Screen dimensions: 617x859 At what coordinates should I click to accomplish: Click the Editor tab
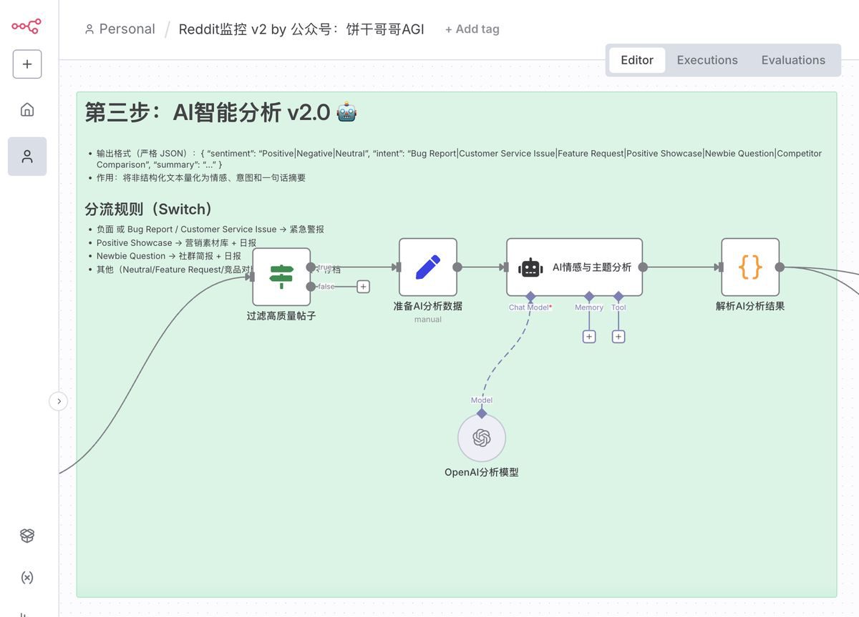coord(636,60)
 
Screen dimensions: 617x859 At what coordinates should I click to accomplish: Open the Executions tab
coord(707,60)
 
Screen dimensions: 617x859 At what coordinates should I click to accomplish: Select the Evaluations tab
coord(792,60)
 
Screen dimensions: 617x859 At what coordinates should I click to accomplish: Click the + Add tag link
coord(472,29)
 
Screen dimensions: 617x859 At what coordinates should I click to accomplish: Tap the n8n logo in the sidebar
coord(26,26)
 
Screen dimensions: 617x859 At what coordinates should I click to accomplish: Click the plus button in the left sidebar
coord(27,64)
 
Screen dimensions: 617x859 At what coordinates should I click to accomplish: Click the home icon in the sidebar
coord(27,109)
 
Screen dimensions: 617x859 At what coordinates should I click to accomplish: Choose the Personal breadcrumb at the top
coord(120,29)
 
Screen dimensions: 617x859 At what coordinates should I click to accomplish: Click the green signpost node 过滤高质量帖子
coord(281,277)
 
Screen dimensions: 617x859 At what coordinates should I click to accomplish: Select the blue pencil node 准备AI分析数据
coord(427,267)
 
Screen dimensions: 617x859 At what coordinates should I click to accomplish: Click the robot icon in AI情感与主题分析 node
coord(530,267)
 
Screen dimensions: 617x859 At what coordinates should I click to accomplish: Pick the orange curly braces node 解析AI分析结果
coord(749,267)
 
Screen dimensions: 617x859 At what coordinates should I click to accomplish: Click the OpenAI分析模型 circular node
coord(482,438)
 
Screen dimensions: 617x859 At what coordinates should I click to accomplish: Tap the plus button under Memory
coord(589,337)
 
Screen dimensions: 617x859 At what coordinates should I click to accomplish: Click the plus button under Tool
coord(618,337)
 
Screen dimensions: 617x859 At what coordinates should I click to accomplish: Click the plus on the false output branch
coord(363,287)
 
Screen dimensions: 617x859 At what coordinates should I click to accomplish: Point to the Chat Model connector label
coord(529,307)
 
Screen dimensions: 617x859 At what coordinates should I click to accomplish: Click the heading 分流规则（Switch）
coord(149,209)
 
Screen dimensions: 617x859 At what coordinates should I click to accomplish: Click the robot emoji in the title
coord(346,112)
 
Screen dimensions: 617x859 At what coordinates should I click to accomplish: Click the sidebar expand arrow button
coord(59,402)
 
